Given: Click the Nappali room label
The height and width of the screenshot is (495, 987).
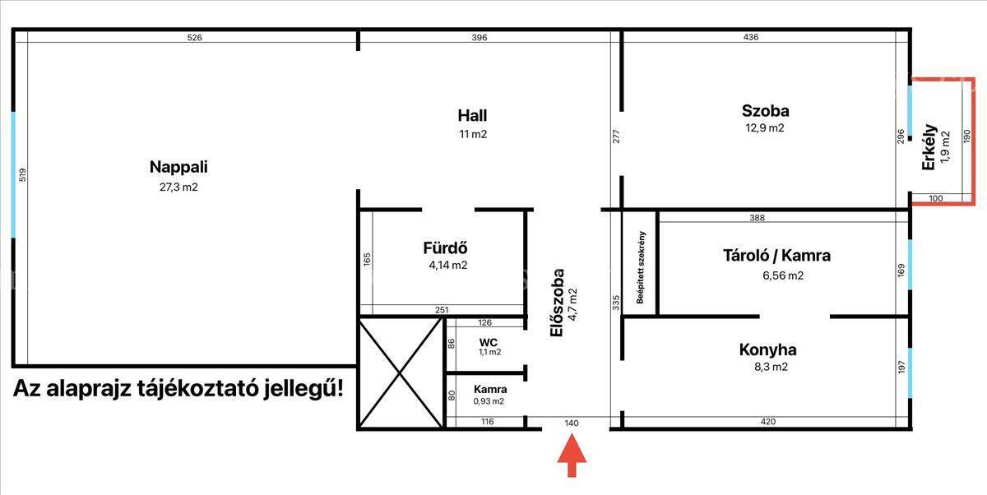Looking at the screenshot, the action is [x=178, y=167].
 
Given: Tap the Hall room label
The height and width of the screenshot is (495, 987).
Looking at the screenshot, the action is [x=472, y=115].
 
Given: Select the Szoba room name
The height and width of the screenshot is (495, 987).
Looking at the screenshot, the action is [x=766, y=110].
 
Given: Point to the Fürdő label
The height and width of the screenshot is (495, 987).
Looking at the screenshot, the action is [x=445, y=247].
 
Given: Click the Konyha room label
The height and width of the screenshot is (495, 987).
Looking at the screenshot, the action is [x=768, y=349].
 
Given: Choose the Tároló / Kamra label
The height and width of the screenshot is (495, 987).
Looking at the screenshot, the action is [x=776, y=256].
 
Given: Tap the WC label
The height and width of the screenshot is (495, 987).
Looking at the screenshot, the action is [x=489, y=342].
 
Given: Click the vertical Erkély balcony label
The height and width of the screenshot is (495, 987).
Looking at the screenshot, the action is [x=929, y=146].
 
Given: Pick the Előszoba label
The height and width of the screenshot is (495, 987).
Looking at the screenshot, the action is [x=557, y=303].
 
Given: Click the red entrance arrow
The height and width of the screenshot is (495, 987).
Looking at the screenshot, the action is [x=572, y=456].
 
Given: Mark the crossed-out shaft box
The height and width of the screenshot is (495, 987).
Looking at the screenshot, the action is [x=400, y=373].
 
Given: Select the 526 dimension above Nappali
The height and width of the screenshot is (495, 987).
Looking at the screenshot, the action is [x=194, y=38].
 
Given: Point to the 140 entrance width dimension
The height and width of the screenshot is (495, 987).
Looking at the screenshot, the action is [x=572, y=423].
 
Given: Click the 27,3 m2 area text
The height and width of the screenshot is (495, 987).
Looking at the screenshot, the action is [x=178, y=187].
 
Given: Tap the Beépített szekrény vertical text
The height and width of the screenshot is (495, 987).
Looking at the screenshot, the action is [x=641, y=267].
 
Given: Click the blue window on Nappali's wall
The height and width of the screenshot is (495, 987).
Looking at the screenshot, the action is [x=13, y=175].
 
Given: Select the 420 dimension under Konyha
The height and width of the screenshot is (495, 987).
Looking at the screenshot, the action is [x=768, y=422].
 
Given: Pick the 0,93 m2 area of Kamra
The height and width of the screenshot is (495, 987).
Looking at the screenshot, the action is [x=489, y=401].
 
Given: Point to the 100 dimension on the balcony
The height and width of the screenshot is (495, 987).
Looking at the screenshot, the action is [x=935, y=199].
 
